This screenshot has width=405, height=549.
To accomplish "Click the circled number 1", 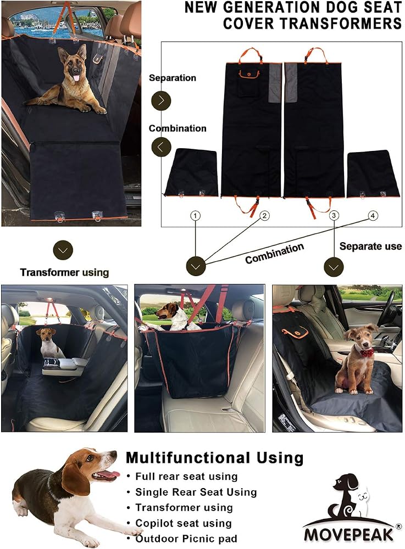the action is (196, 216).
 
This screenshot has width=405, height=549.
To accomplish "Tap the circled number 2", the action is (264, 216).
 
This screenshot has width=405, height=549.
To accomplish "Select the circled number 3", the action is (334, 216).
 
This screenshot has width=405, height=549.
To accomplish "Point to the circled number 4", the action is (373, 216).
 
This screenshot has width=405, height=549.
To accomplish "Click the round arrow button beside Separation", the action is (161, 100).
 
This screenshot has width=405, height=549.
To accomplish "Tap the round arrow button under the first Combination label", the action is (161, 147).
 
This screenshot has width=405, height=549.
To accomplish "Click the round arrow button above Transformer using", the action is (63, 250).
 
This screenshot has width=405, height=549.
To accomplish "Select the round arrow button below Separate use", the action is (334, 267).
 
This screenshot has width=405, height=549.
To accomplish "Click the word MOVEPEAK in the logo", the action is (348, 535).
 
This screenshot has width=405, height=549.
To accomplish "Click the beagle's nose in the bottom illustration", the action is (114, 455).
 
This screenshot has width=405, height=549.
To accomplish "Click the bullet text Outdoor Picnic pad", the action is (186, 539).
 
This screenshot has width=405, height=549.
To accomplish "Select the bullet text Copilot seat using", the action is (184, 523).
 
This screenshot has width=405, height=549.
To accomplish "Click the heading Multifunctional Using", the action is (214, 458).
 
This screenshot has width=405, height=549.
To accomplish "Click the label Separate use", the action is (370, 246).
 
